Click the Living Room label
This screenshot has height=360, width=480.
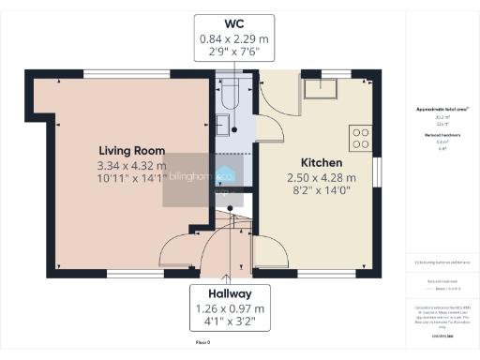(132, 150)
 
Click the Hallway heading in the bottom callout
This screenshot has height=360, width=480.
(233, 292)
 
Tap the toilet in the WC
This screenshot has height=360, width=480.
(228, 92)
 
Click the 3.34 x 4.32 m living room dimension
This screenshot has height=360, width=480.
(132, 166)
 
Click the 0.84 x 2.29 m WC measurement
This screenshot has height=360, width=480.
(234, 39)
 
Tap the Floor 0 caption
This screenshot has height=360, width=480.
(202, 345)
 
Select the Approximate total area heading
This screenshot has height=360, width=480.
(442, 110)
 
